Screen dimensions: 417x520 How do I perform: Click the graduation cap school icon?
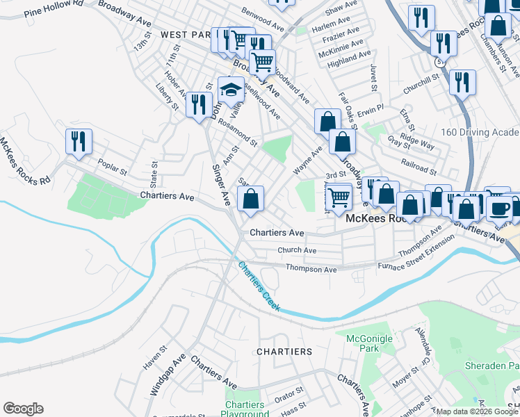(231, 89)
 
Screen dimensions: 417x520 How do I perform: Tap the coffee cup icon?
(498, 206)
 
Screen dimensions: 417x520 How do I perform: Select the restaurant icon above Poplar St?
(79, 141)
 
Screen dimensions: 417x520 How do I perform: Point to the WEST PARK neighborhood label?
(184, 34)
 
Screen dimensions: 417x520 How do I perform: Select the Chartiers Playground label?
(244, 409)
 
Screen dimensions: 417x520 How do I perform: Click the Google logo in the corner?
(23, 409)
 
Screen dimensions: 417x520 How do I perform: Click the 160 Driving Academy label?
(480, 132)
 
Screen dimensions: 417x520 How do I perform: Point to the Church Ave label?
(297, 250)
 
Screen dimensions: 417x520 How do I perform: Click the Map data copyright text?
(473, 411)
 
